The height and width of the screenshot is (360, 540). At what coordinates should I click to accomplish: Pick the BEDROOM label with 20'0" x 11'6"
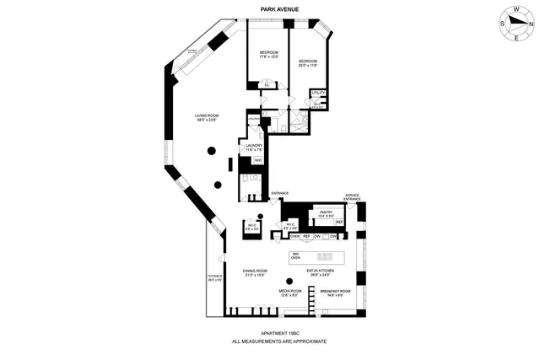pyautogui.click(x=307, y=62)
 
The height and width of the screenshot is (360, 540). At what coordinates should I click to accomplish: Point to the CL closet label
pyautogui.click(x=267, y=83)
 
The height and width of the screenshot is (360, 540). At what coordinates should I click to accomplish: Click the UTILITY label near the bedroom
pyautogui.click(x=318, y=92)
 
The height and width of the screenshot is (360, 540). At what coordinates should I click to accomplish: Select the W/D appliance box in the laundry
pyautogui.click(x=257, y=159)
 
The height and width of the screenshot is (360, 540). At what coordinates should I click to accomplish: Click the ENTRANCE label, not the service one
pyautogui.click(x=278, y=194)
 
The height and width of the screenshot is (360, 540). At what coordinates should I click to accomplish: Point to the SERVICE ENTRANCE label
pyautogui.click(x=352, y=197)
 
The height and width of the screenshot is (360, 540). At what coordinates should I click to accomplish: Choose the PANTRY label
pyautogui.click(x=326, y=214)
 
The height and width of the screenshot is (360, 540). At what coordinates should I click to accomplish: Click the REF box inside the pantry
pyautogui.click(x=338, y=222)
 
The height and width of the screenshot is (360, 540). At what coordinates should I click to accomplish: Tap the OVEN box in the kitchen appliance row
pyautogui.click(x=295, y=236)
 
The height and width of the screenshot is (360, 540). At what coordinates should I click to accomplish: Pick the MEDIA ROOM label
pyautogui.click(x=290, y=293)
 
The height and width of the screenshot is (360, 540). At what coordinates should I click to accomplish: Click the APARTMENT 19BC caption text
pyautogui.click(x=279, y=334)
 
